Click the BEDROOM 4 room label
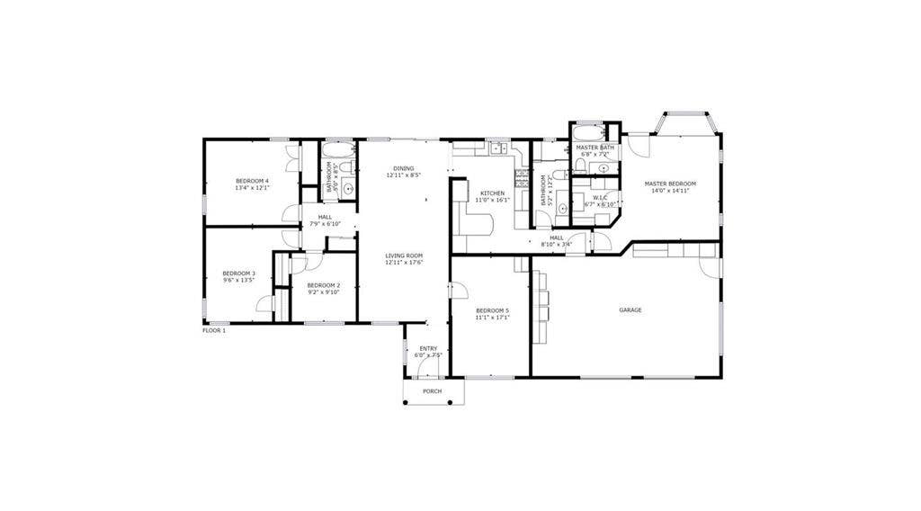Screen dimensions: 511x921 pyautogui.click(x=252, y=181)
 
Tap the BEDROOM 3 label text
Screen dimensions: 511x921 pyautogui.click(x=239, y=273)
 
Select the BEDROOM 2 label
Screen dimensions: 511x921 pyautogui.click(x=324, y=284)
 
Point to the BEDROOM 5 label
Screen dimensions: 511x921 pyautogui.click(x=493, y=309)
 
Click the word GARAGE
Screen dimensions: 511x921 pyautogui.click(x=630, y=309)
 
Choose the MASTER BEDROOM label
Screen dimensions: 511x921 pyautogui.click(x=670, y=184)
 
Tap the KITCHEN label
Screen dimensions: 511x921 pyautogui.click(x=492, y=193)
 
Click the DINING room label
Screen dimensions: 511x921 pyautogui.click(x=403, y=168)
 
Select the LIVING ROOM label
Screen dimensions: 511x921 pyautogui.click(x=404, y=255)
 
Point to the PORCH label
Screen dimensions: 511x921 pyautogui.click(x=433, y=391)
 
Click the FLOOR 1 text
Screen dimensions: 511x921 pyautogui.click(x=214, y=330)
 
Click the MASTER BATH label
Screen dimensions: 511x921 pyautogui.click(x=595, y=147)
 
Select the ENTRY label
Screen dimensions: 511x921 pyautogui.click(x=428, y=348)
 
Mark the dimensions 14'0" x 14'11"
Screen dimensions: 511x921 pyautogui.click(x=670, y=191)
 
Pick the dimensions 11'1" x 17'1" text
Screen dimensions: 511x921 pyautogui.click(x=493, y=317)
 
